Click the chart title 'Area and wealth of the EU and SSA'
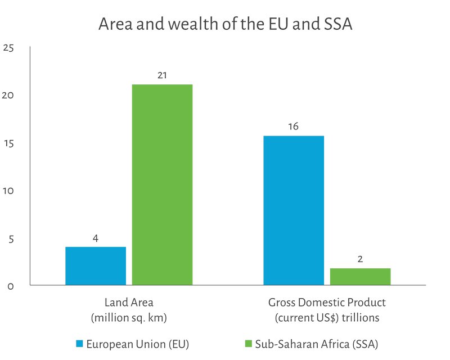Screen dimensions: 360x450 point(225,25)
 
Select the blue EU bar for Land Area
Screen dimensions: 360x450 point(96,265)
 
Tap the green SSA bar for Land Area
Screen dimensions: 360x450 point(162,184)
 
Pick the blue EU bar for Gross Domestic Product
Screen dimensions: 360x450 point(294,210)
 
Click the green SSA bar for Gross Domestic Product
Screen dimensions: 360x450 point(360,276)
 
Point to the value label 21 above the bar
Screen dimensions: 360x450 point(162,75)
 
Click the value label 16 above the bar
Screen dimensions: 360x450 point(293,127)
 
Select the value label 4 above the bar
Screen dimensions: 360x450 point(96,238)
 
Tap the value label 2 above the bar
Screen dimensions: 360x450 point(360,259)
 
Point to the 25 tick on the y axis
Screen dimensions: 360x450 point(8,48)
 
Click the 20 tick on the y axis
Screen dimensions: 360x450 point(8,96)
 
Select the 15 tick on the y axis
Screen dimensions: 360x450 point(8,143)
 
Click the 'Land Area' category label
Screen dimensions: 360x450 point(129,303)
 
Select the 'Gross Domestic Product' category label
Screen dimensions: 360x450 point(327,303)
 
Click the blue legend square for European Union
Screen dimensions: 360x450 point(79,343)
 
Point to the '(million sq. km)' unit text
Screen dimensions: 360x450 point(129,318)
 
